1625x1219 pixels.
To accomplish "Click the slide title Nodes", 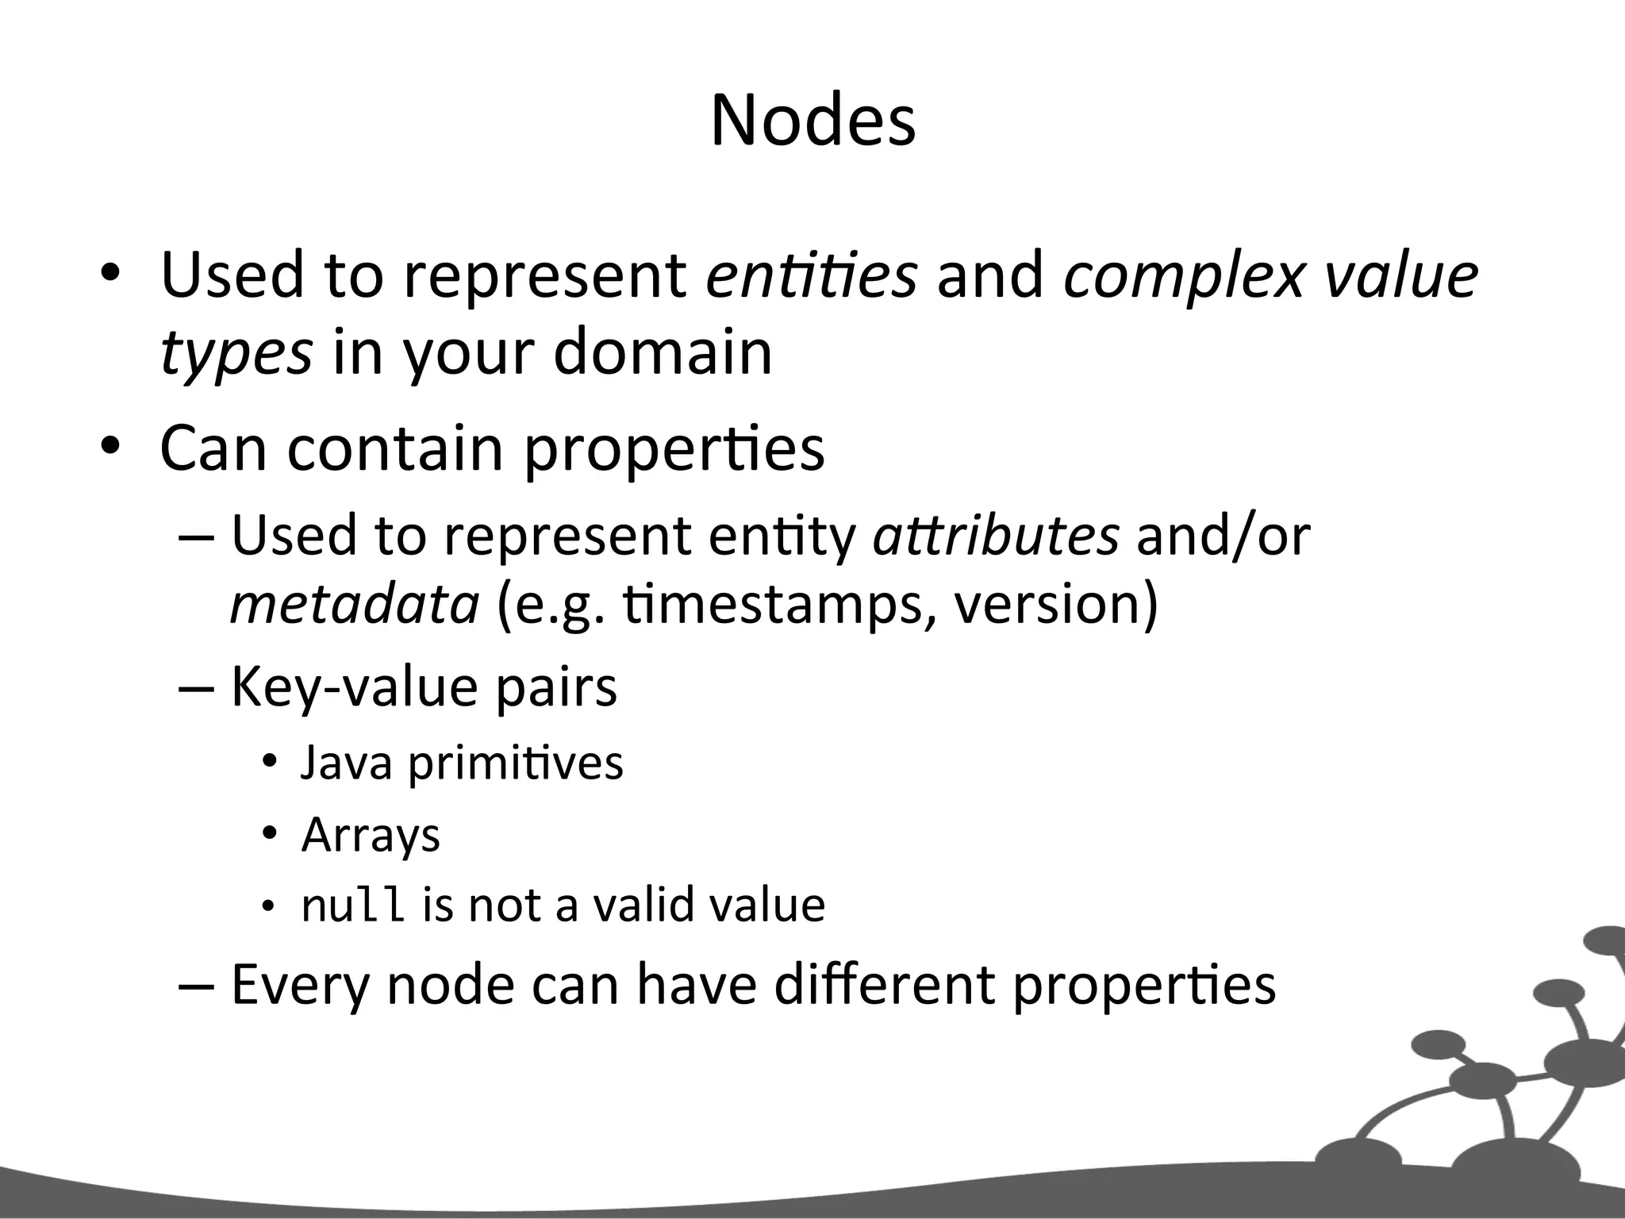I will click(812, 121).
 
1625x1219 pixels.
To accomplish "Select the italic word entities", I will click(811, 275).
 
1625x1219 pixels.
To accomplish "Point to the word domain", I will click(663, 352).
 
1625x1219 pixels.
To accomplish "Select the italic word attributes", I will click(996, 535).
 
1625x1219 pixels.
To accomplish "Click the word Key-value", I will click(354, 687).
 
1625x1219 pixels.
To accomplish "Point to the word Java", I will click(347, 763).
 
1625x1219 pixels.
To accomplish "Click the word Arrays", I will click(371, 836).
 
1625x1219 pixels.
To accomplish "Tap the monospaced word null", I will click(353, 905).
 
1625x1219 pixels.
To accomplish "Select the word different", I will click(884, 984).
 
